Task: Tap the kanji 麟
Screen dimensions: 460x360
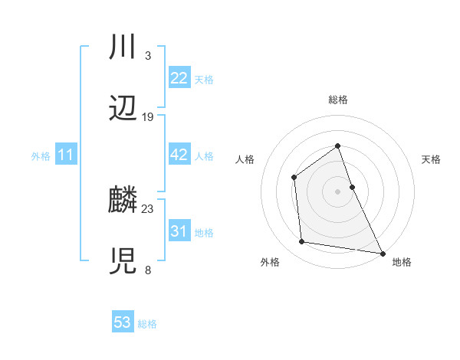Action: point(123,200)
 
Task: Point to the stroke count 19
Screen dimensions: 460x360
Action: point(148,117)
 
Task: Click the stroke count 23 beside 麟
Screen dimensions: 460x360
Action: point(148,208)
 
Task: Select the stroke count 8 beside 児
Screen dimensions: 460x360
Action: point(147,270)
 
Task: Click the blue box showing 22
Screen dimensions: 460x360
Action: point(179,78)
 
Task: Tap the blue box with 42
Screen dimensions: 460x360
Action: point(179,155)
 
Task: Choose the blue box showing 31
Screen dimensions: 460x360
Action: point(179,231)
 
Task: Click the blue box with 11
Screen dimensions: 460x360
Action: point(66,155)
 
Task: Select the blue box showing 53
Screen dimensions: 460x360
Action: point(123,322)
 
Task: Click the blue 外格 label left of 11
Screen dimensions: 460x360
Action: point(41,156)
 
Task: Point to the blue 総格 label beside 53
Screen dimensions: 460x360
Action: point(147,323)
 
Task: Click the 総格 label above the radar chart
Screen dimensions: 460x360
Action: point(338,100)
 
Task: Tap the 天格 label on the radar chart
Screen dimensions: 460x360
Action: point(432,159)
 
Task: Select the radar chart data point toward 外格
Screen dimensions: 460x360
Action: point(302,242)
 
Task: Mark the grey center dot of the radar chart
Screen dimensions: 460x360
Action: point(337,191)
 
